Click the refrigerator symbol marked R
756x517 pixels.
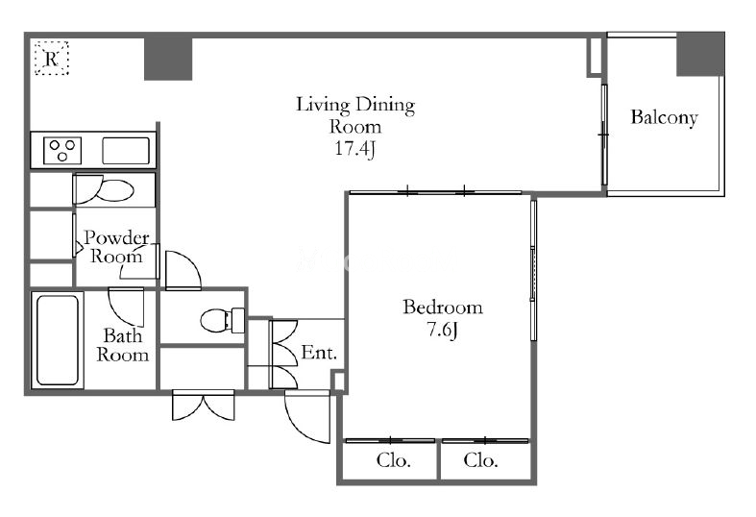coord(52,59)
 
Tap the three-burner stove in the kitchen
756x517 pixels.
coord(62,151)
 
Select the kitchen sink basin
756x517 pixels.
coord(126,151)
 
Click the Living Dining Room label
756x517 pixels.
coord(355,115)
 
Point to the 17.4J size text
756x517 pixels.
coord(355,148)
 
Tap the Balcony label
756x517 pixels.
coord(665,117)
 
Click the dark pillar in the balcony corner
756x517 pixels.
coord(700,54)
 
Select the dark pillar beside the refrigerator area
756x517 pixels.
coord(168,58)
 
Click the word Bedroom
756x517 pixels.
coord(443,308)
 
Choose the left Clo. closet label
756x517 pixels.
coord(394,460)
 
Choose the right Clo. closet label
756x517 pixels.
coord(480,460)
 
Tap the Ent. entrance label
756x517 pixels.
coord(319,353)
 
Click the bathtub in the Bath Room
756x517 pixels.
coord(58,340)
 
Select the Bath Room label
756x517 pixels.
coord(122,345)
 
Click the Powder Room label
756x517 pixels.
coord(116,246)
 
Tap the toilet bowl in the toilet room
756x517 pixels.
coord(216,320)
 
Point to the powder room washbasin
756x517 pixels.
coord(115,190)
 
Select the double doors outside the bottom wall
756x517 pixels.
coord(204,406)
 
